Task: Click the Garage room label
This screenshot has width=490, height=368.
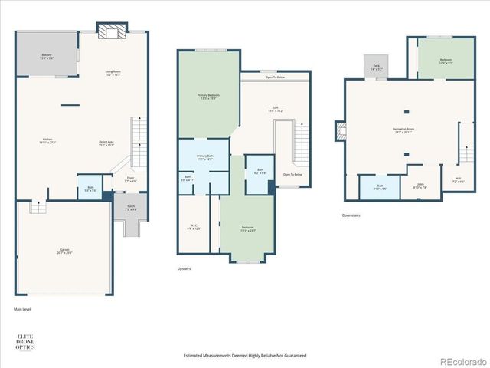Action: pos(64,251)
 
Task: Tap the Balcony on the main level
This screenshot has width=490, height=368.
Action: pos(47,56)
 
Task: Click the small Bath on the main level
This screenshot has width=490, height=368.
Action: pos(90,189)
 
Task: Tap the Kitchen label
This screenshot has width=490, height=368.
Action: pos(47,141)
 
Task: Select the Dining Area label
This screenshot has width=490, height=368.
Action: pos(106,143)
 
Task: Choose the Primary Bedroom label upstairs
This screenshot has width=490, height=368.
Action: pos(204,96)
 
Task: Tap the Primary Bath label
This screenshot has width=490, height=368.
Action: pos(204,157)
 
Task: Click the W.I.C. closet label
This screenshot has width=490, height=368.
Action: pos(194,227)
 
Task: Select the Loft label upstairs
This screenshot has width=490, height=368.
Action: pos(275,109)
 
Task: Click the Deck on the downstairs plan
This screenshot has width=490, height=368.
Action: pos(376,67)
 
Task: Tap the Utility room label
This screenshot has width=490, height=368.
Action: pos(420,186)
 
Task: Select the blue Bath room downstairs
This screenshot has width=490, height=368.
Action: pos(379,188)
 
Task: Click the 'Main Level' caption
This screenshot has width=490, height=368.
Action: pos(22,309)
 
